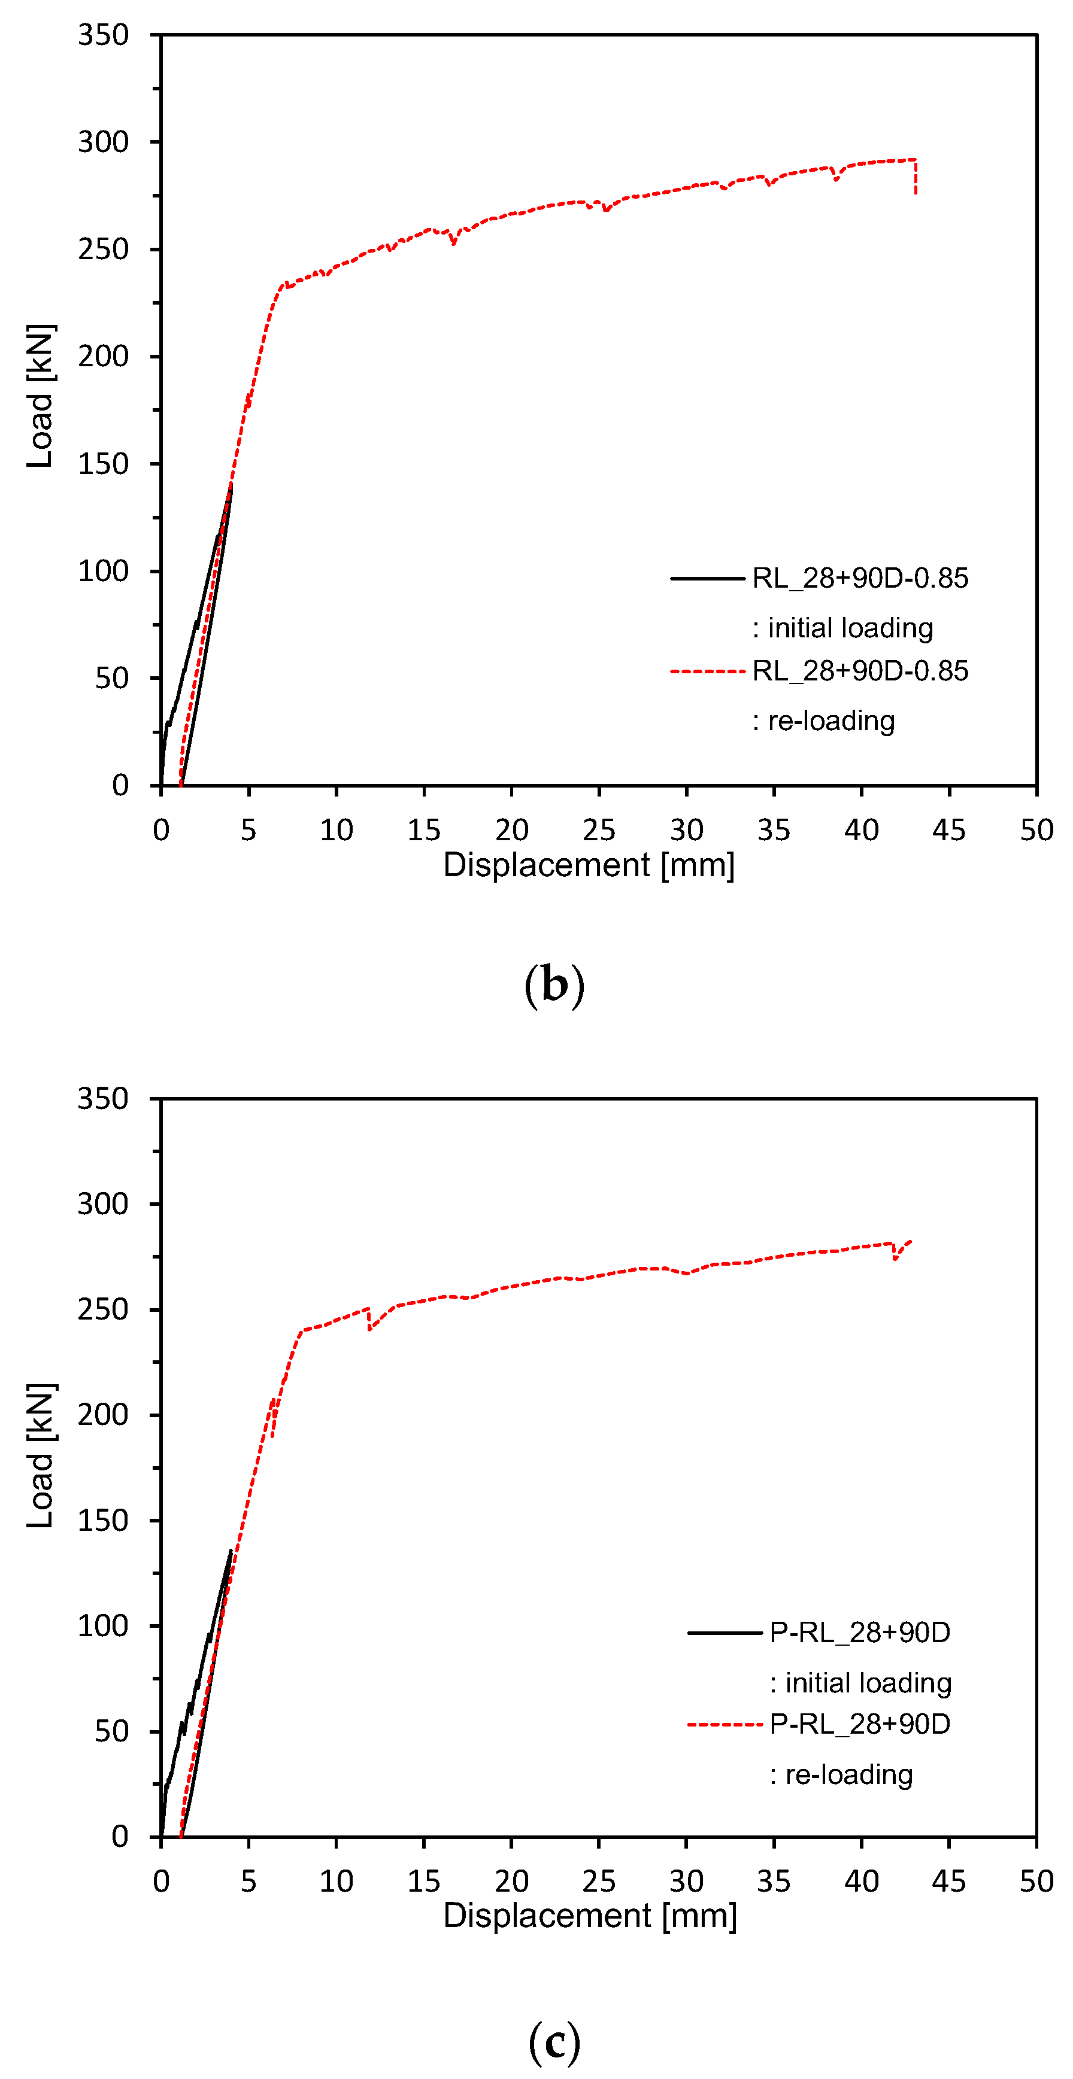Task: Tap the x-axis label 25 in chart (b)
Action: pyautogui.click(x=598, y=829)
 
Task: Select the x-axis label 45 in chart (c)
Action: pyautogui.click(x=948, y=1882)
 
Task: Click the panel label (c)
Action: pyautogui.click(x=554, y=2041)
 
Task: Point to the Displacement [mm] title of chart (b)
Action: pyautogui.click(x=589, y=865)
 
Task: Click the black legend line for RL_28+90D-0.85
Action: pyautogui.click(x=707, y=579)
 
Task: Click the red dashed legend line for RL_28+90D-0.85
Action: pyautogui.click(x=707, y=671)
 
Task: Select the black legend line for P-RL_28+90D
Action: pyautogui.click(x=724, y=1633)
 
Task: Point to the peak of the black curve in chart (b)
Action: pyautogui.click(x=231, y=487)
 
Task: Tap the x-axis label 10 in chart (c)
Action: pyautogui.click(x=336, y=1882)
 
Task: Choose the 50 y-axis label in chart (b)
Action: pyautogui.click(x=111, y=678)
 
